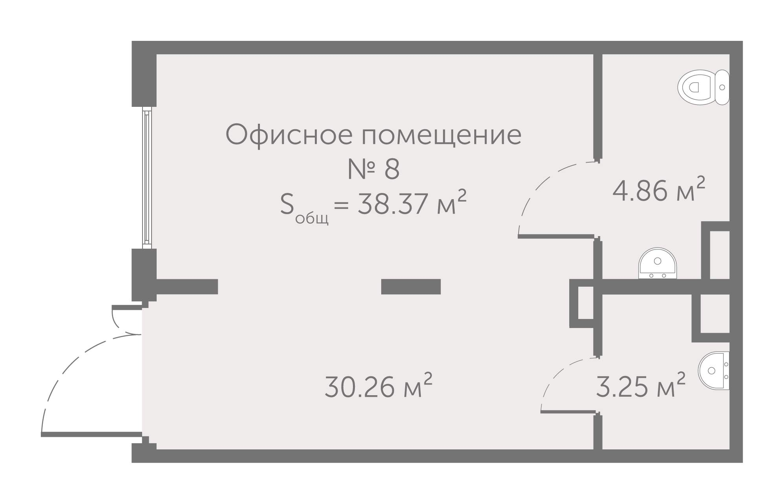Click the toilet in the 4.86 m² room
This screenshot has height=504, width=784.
coord(703,87)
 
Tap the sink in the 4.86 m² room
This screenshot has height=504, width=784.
coord(657,264)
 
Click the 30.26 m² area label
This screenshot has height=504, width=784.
coord(378,386)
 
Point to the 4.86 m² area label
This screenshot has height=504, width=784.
coord(658,191)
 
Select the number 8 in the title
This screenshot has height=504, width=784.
coord(391,170)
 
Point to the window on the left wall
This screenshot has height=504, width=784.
coord(147,178)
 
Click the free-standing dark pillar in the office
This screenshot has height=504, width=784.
coord(411,287)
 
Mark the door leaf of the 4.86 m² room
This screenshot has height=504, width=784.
coord(556,236)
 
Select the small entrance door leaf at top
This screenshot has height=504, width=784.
coord(126,307)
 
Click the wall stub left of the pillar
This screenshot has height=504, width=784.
coord(187,287)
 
